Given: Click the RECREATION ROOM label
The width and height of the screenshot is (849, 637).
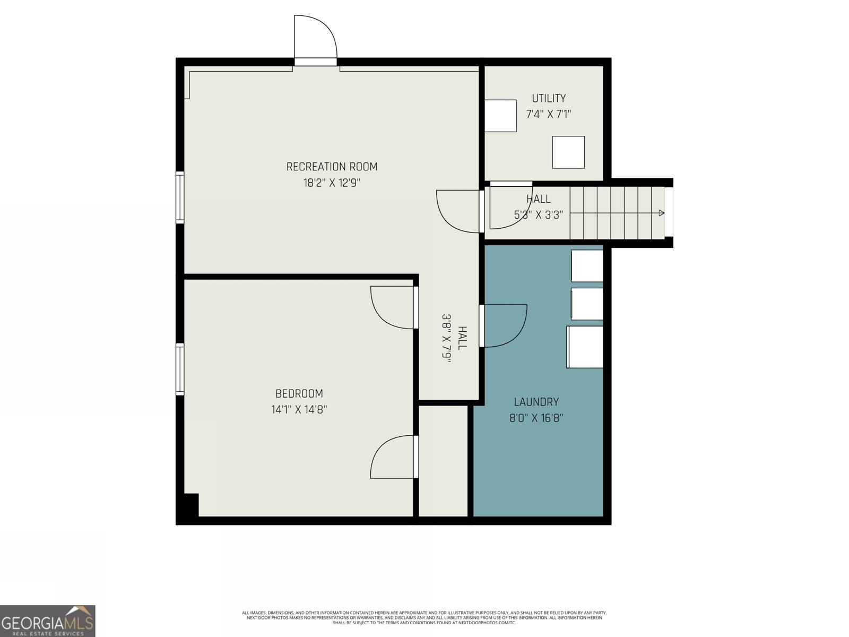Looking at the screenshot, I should coord(332,167).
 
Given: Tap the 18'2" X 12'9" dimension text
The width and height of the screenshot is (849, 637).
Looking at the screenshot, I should coord(332,183).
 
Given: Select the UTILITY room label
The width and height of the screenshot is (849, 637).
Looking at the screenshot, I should coord(549,98).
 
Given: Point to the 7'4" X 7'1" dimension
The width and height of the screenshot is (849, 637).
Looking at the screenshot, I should coord(549,114).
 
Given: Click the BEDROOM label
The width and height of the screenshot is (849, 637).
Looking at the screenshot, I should coord(299,394).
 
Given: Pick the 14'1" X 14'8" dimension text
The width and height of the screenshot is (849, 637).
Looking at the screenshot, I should coord(299,410).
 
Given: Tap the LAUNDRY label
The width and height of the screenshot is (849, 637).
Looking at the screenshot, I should coord(536,402).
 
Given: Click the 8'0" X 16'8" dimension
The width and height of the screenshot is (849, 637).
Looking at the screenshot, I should coord(536,418).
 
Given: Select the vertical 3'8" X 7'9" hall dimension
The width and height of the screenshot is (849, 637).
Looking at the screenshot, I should coord(446,338).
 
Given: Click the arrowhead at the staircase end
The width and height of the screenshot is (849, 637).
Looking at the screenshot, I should coord(661,213).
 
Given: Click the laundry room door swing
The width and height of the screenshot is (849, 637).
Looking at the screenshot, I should coord(504,325).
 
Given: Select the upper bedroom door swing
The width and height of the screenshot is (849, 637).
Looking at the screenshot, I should coord(392,307).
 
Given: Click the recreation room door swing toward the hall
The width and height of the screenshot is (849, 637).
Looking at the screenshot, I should coord(457,211).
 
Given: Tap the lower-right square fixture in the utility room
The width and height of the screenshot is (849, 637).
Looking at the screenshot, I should coord(568,152).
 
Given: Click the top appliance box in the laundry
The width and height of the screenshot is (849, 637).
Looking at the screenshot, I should coord(587,265).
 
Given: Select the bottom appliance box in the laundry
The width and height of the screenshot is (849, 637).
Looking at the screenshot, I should coord(585,347).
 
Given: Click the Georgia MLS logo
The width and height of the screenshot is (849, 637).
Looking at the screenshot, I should coord(48,621).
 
